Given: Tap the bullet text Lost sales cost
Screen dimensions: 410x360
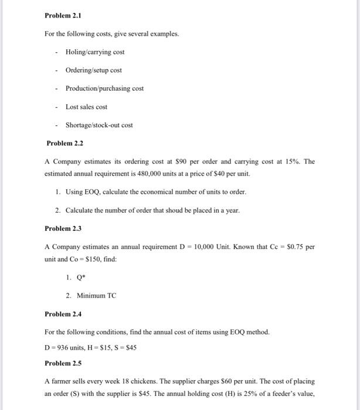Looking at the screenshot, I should [x=86, y=107].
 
